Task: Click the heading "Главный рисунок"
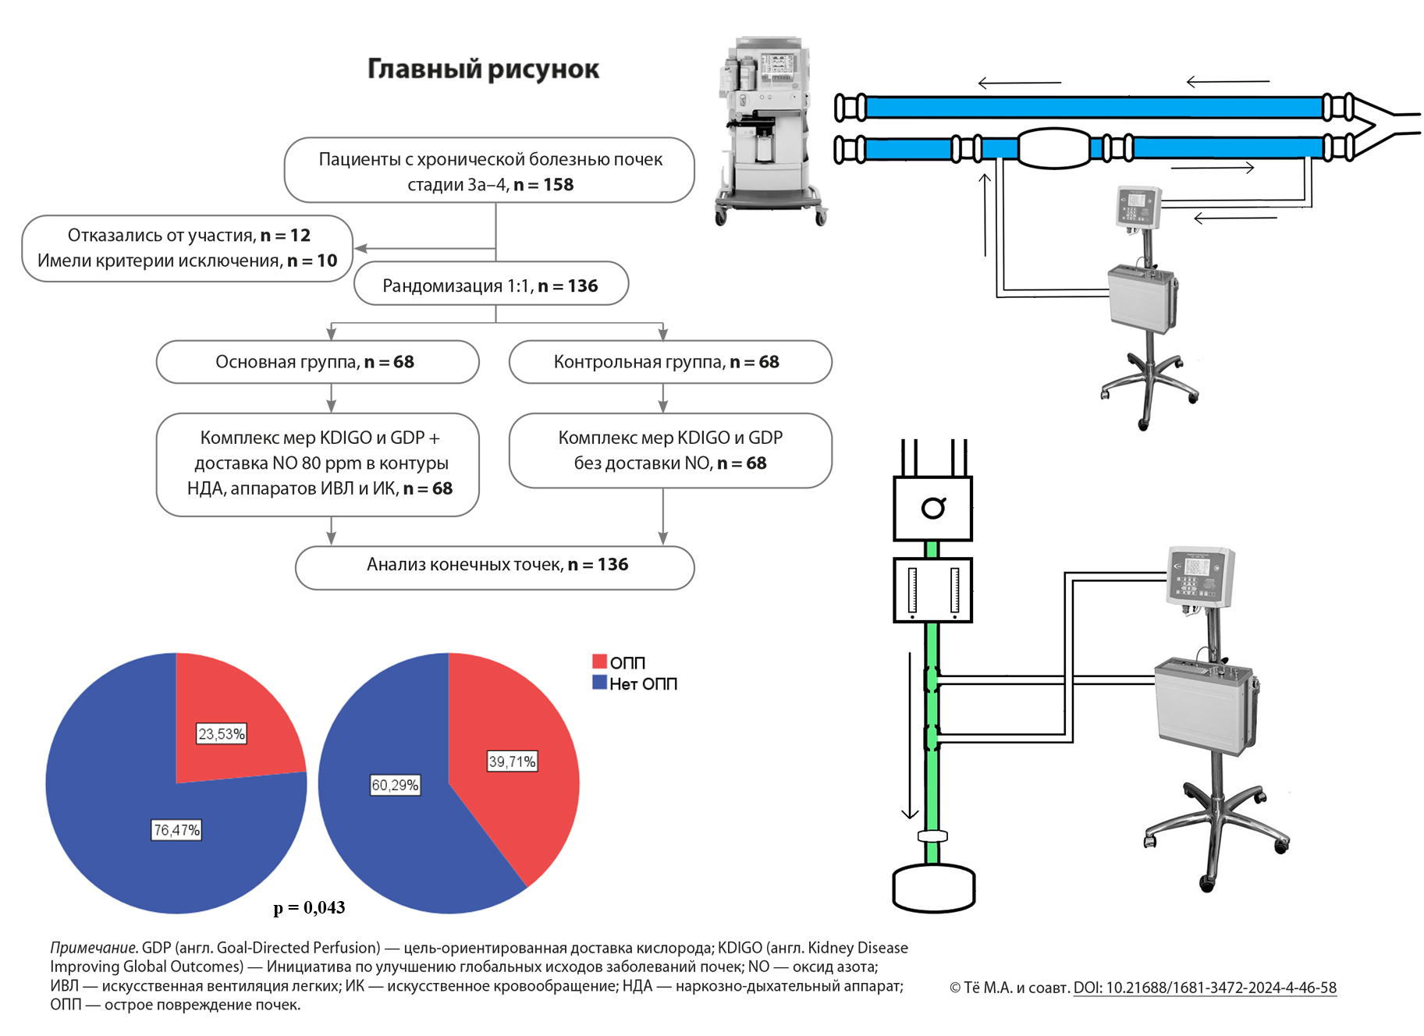tap(483, 69)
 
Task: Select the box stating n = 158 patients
tap(489, 171)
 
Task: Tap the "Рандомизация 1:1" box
tap(491, 286)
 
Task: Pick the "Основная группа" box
tap(317, 362)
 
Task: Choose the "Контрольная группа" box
tap(669, 362)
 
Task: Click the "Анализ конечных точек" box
tap(495, 565)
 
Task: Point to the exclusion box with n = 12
tap(187, 248)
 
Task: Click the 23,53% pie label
tap(221, 734)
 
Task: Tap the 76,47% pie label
tap(176, 830)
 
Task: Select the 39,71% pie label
tap(512, 761)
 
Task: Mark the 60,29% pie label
tap(395, 785)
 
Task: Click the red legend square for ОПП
tap(599, 662)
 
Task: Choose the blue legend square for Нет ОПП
tap(599, 683)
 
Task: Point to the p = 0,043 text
tap(309, 907)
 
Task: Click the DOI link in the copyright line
tap(1205, 988)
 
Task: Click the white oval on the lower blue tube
tap(1053, 148)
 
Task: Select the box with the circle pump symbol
tap(932, 509)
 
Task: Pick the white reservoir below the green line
tap(933, 888)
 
